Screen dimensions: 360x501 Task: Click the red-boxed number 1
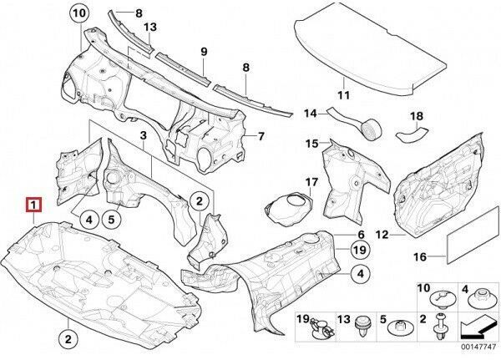point(32,205)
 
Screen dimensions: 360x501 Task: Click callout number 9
point(203,52)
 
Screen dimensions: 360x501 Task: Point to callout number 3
point(143,135)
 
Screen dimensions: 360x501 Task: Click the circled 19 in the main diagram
point(359,250)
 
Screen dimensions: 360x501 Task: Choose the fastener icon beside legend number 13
point(362,326)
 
